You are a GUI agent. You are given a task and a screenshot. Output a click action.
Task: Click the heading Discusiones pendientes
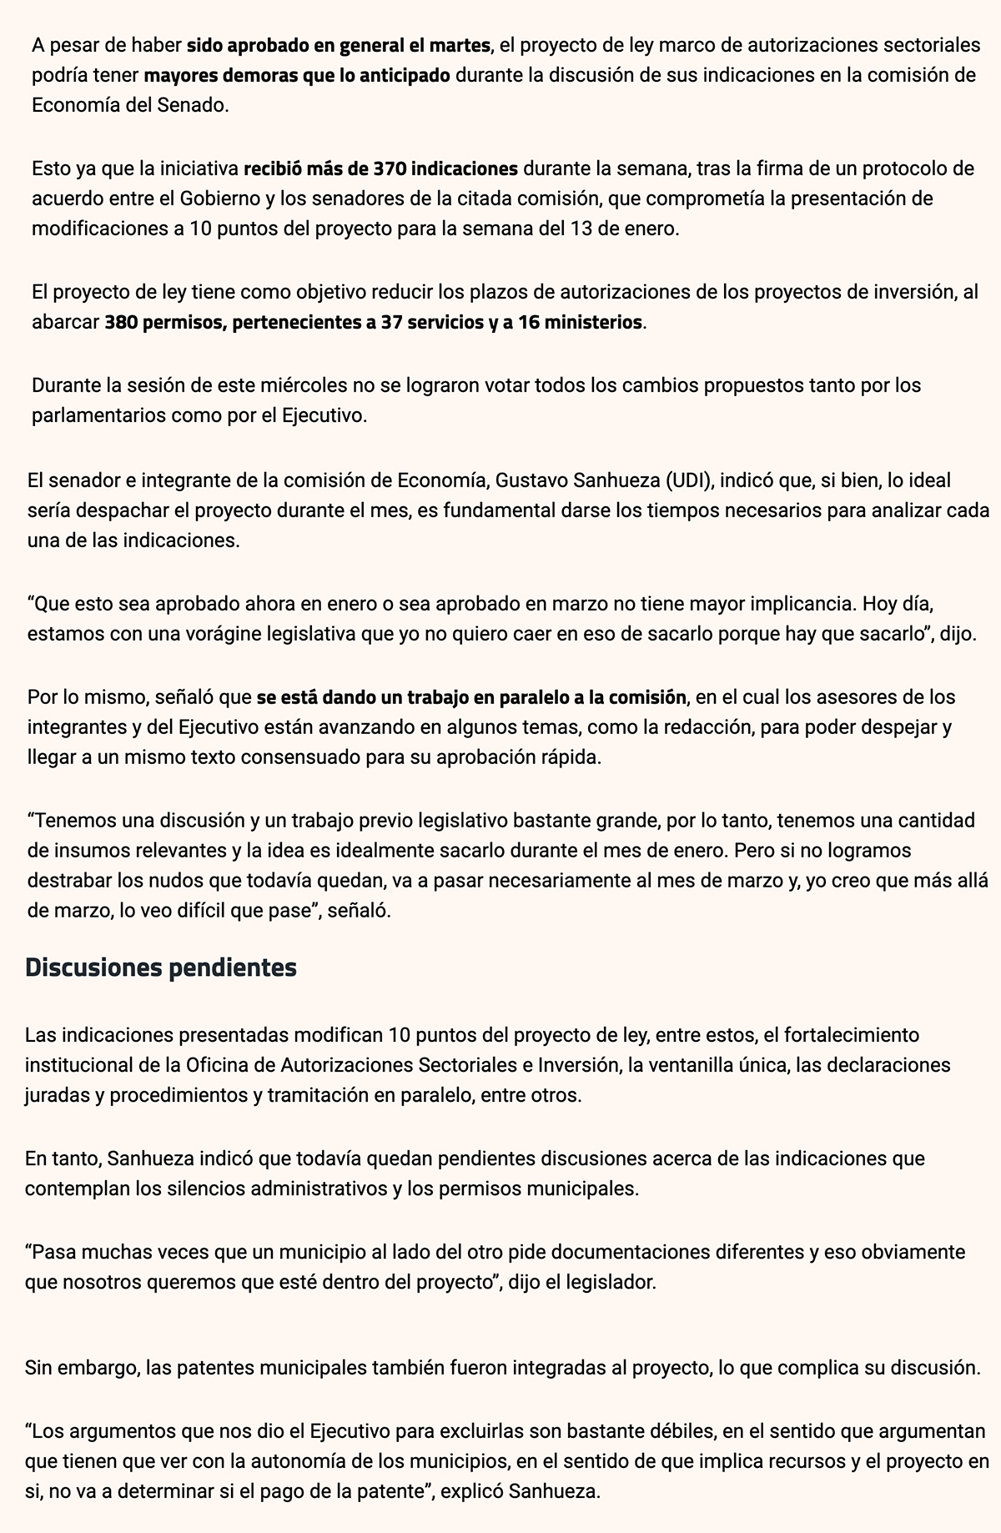(x=161, y=968)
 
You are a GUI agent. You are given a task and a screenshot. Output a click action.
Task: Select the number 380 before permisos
(x=121, y=322)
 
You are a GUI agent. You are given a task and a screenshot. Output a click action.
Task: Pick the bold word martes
(x=460, y=45)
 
